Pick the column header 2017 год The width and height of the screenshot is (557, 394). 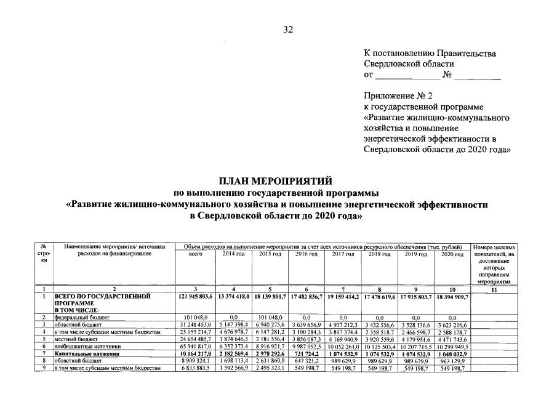tap(343, 254)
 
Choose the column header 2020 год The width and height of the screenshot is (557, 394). tap(452, 254)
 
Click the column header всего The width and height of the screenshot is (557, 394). tap(194, 254)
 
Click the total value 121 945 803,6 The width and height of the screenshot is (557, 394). tap(194, 297)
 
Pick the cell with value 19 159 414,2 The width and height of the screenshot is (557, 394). tap(343, 297)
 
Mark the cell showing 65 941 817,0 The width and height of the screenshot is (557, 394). tap(194, 347)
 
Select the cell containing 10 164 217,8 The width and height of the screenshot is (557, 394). tap(194, 354)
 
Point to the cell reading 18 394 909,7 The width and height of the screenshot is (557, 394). tap(452, 297)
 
